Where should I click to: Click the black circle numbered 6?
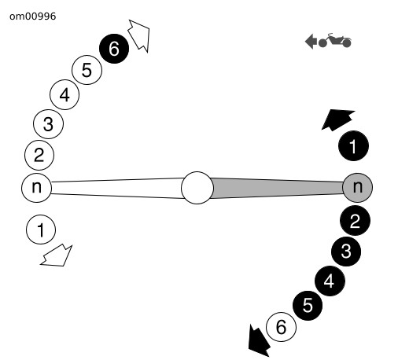click(114, 49)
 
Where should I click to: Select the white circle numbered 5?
click(87, 70)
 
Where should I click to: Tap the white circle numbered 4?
click(64, 94)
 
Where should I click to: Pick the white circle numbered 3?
click(48, 123)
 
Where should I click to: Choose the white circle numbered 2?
click(39, 155)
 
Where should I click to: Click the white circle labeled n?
click(36, 187)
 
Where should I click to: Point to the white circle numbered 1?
click(41, 230)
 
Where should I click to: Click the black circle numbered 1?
click(354, 145)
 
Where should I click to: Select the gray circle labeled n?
click(358, 187)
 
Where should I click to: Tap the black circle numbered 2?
click(356, 221)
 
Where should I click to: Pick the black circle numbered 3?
click(346, 252)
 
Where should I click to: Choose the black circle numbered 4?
click(330, 281)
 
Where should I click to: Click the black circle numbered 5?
click(308, 305)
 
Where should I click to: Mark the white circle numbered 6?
click(281, 327)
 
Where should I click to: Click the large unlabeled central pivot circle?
click(197, 188)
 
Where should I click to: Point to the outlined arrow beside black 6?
click(140, 35)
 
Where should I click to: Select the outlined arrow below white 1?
click(57, 256)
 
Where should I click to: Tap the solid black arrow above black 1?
click(337, 119)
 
